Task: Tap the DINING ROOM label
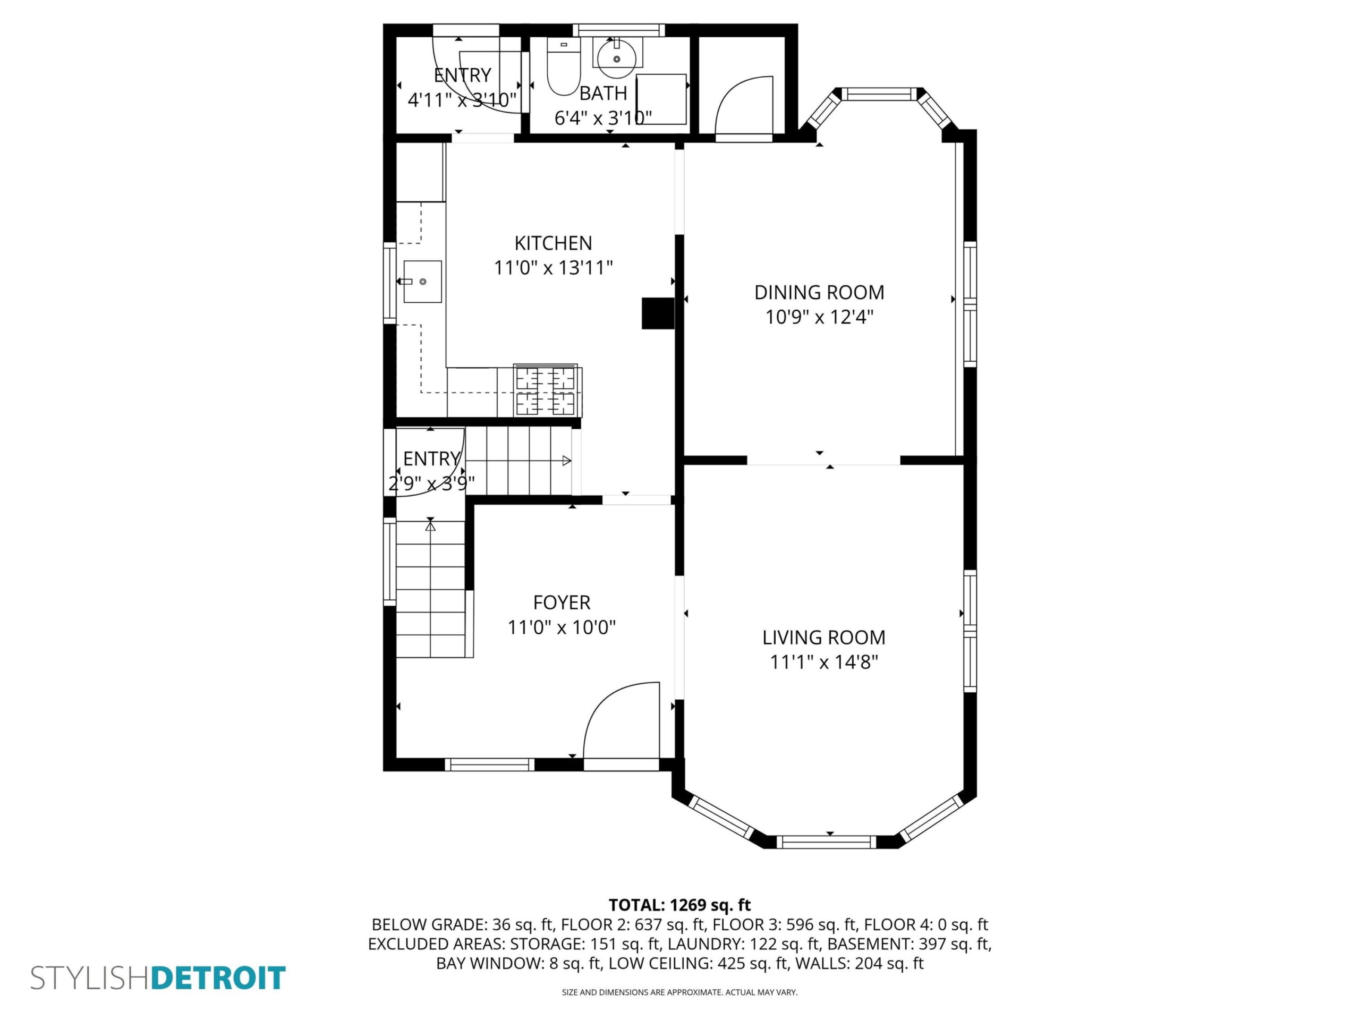[x=819, y=293]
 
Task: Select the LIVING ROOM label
[x=824, y=637]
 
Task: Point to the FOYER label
[x=562, y=602]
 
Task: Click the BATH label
[x=603, y=93]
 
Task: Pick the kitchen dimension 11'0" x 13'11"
[x=554, y=268]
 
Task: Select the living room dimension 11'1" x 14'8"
[x=824, y=662]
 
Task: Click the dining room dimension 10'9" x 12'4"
[x=819, y=317]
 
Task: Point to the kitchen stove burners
[x=546, y=390]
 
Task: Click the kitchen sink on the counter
[x=422, y=282]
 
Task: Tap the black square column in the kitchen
[x=658, y=313]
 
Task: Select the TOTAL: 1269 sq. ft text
[x=679, y=905]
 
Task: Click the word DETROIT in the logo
[x=218, y=978]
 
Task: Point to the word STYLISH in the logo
[x=91, y=978]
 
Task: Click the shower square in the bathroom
[x=661, y=99]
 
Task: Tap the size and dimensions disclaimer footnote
[x=679, y=992]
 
